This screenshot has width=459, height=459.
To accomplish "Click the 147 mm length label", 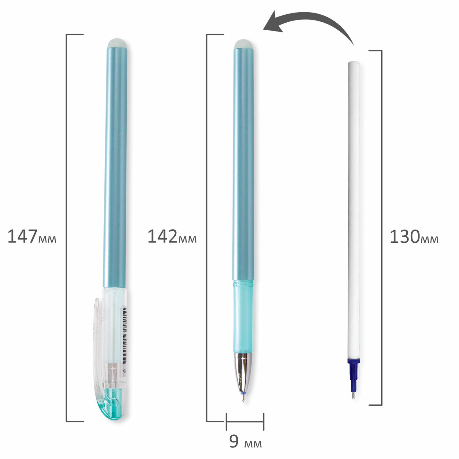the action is pyautogui.click(x=32, y=237).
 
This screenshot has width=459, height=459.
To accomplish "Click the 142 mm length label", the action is pyautogui.click(x=172, y=237).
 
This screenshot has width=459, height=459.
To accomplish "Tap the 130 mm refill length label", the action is pyautogui.click(x=414, y=237).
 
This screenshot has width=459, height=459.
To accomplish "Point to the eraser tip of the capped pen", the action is pyautogui.click(x=117, y=43).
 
